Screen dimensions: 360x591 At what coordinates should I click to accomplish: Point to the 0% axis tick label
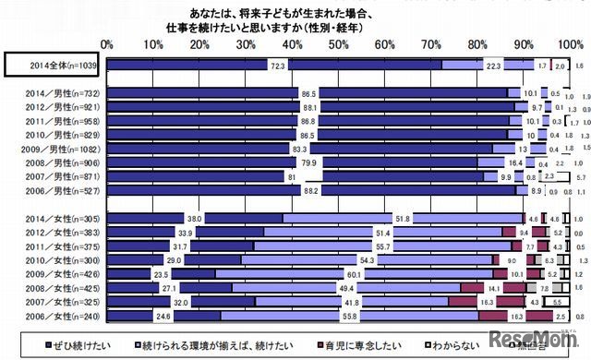pyautogui.click(x=107, y=43)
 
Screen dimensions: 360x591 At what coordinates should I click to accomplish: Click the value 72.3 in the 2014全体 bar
pyautogui.click(x=277, y=66)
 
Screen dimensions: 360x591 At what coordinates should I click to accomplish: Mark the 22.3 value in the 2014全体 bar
pyautogui.click(x=493, y=66)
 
